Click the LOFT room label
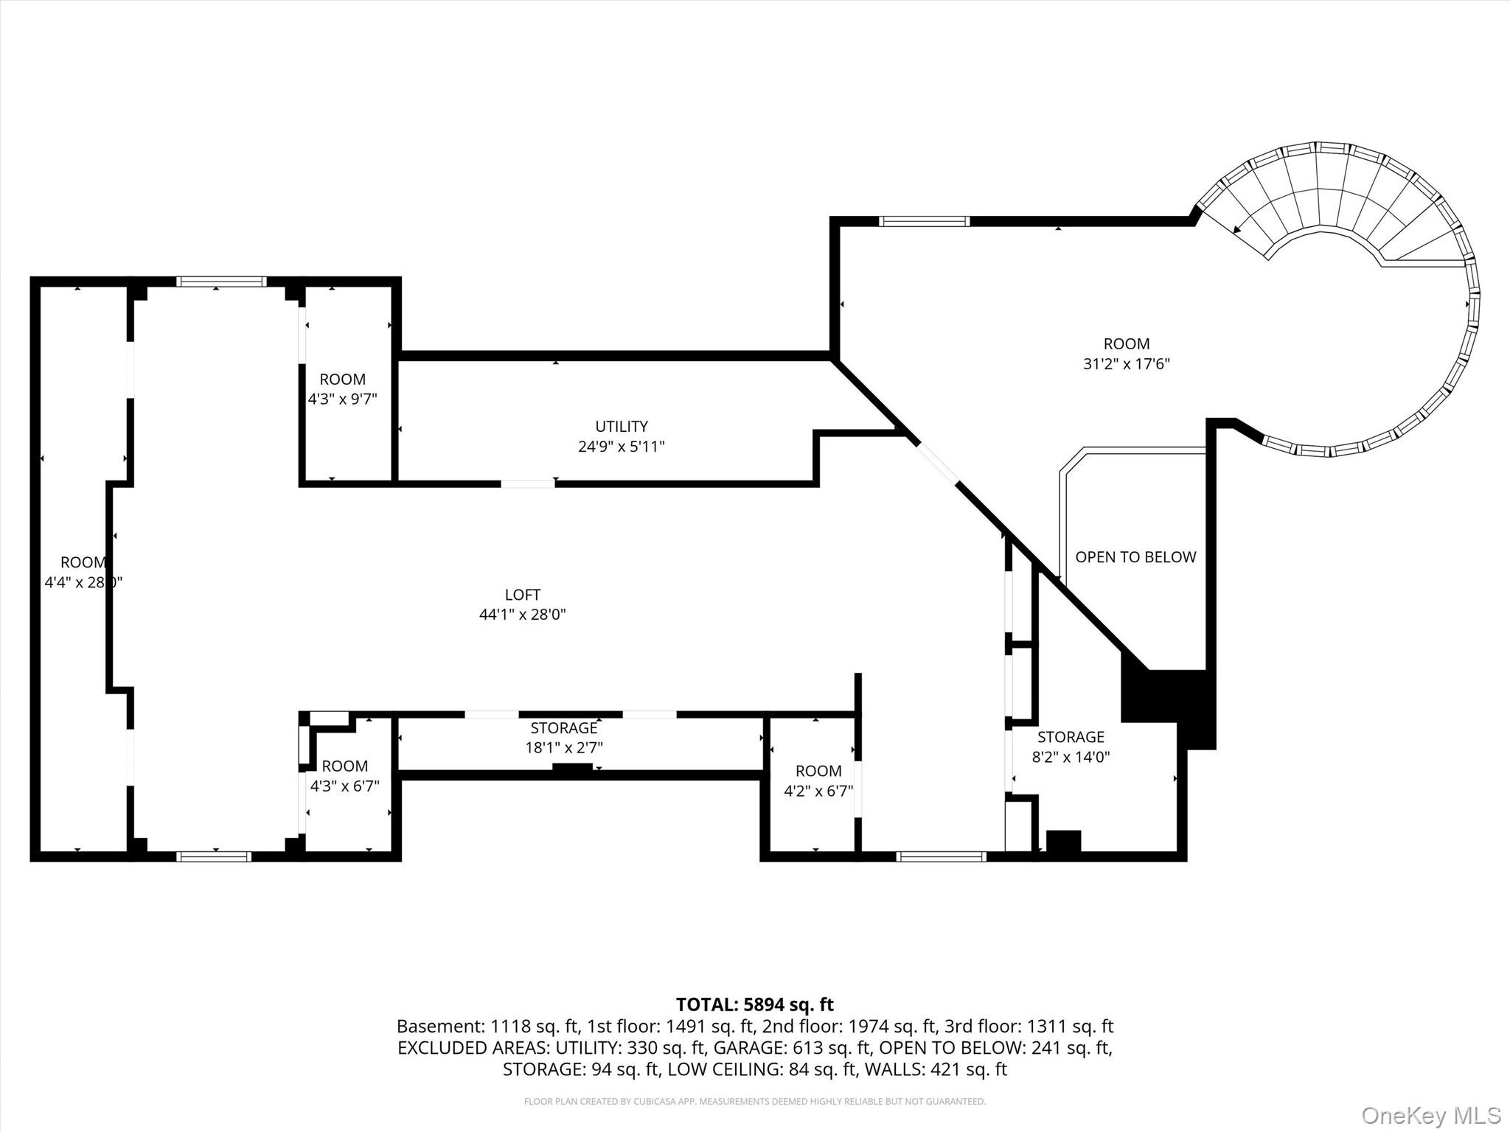point(522,594)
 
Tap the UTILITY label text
point(622,426)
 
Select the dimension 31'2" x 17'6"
point(1126,363)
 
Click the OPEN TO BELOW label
point(1135,557)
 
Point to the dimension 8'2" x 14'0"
point(1071,756)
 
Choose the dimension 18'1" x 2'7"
point(563,747)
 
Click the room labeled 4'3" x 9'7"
point(343,389)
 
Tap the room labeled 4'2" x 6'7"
point(818,781)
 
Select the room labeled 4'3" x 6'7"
point(344,776)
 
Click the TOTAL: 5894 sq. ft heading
point(754,1005)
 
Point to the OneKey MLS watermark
point(1430,1115)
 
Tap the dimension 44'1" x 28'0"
point(522,614)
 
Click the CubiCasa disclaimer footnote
point(754,1101)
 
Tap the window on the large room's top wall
point(923,221)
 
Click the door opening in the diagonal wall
point(937,462)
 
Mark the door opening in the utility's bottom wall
point(527,483)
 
